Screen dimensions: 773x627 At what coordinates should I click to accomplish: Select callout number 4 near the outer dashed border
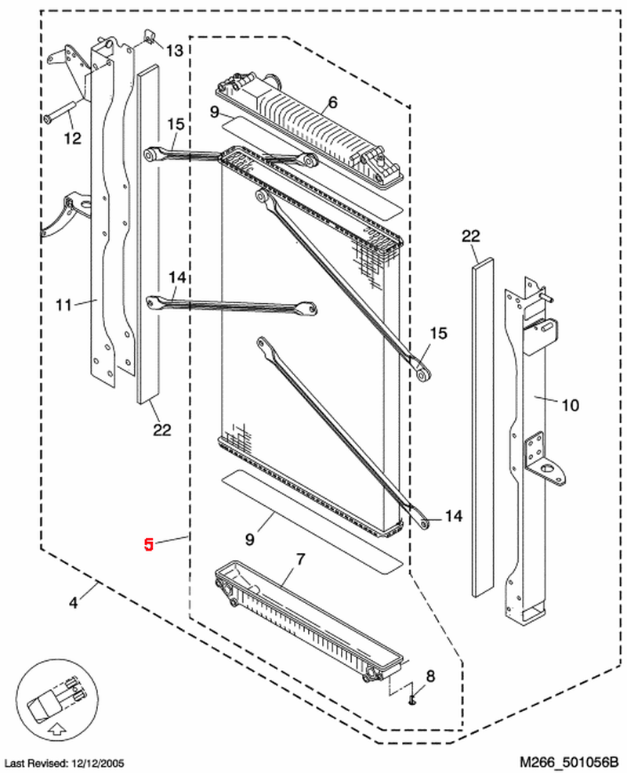pyautogui.click(x=73, y=603)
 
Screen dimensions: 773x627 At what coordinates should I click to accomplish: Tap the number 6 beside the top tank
pyautogui.click(x=332, y=103)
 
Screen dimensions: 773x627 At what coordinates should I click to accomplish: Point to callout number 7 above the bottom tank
pyautogui.click(x=299, y=559)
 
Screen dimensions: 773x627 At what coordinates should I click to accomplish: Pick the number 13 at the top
pyautogui.click(x=174, y=51)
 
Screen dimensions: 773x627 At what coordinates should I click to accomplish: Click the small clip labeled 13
pyautogui.click(x=149, y=36)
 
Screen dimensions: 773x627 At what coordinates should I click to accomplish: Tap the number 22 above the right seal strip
pyautogui.click(x=470, y=236)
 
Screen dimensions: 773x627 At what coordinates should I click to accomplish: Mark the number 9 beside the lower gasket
pyautogui.click(x=250, y=539)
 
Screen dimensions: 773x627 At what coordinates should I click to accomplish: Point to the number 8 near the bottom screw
pyautogui.click(x=429, y=676)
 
